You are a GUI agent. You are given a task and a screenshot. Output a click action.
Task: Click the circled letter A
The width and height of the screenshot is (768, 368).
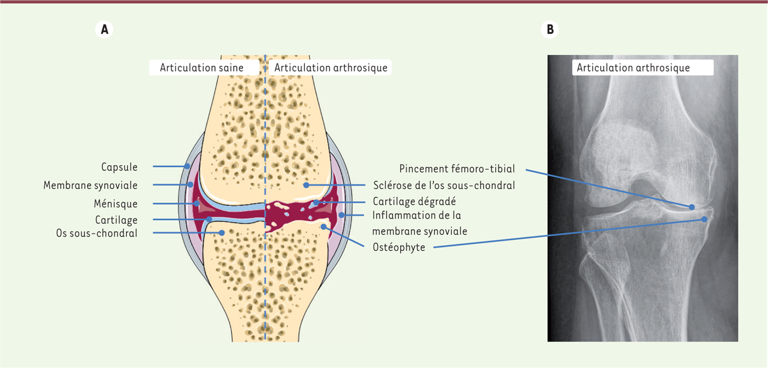point(104,29)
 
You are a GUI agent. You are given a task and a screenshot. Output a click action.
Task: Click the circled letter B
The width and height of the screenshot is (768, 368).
point(550,29)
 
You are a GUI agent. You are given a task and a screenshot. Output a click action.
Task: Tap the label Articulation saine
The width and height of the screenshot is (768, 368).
point(202,68)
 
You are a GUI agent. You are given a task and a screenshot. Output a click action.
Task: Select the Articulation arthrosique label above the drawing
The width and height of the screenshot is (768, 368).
point(330,68)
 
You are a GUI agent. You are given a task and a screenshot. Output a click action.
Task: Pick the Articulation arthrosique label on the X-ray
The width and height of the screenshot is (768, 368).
point(633,68)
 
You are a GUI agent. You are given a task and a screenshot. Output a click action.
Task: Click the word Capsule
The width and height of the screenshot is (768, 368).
point(119,167)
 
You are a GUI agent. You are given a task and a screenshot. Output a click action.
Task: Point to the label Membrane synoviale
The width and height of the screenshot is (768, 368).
point(90,185)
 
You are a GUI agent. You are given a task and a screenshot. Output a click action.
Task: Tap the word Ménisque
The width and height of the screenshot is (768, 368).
point(116,204)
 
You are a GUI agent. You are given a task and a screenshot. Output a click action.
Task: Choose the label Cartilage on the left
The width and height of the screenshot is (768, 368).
point(116,220)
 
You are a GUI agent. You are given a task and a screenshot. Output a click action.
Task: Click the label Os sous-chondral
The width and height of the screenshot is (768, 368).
point(97,233)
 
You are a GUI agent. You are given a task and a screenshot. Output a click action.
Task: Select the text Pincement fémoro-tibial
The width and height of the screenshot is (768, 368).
point(457,169)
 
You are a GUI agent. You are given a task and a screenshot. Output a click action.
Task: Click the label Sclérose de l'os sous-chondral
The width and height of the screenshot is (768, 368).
point(444,185)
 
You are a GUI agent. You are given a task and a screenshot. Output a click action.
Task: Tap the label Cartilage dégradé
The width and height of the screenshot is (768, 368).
point(414,202)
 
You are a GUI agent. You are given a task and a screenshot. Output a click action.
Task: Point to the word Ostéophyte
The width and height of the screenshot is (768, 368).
point(399,247)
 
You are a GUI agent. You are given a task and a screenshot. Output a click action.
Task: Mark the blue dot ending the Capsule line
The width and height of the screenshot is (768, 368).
point(187,166)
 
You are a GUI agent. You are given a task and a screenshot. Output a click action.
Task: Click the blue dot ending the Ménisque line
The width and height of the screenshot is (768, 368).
point(197,204)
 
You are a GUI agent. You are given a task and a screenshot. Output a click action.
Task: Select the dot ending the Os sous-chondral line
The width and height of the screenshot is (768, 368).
point(222,233)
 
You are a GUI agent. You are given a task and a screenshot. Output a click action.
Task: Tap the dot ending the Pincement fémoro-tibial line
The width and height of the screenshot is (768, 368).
point(692,207)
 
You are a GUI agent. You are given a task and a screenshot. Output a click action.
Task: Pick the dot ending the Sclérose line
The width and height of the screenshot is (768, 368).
point(306,185)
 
